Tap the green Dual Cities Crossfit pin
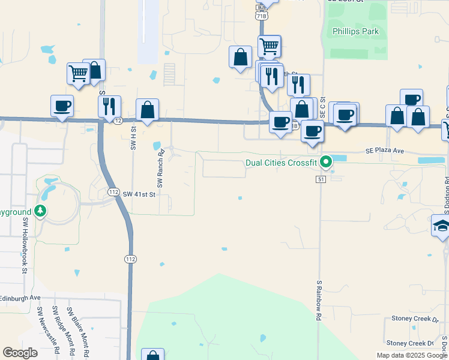pos(326,161)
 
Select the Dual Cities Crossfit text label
pos(281,163)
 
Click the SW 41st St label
pos(139,194)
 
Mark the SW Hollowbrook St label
pos(26,236)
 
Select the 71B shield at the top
pos(261,16)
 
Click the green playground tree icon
pos(40,211)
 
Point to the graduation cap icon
pos(441,226)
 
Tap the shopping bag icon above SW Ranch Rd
pos(147,109)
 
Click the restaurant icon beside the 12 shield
pos(109,106)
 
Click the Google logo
pos(20,353)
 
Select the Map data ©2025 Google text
pos(412,355)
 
